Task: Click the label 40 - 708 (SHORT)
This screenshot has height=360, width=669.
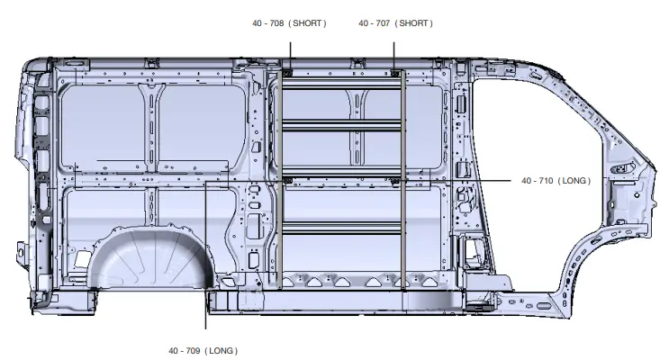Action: point(288,22)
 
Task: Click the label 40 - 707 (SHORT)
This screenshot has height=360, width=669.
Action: point(395,22)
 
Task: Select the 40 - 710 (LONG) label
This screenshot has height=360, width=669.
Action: point(556,181)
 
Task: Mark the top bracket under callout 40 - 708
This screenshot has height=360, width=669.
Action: point(287,73)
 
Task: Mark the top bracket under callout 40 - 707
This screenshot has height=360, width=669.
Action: point(395,73)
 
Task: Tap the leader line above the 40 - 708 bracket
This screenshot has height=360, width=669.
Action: point(287,49)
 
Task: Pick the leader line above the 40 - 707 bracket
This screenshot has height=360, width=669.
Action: point(395,49)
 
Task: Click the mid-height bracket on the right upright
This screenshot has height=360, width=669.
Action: point(396,181)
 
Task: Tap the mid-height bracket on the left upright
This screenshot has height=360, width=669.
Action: point(288,181)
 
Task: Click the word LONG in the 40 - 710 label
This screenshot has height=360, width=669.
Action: point(573,181)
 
